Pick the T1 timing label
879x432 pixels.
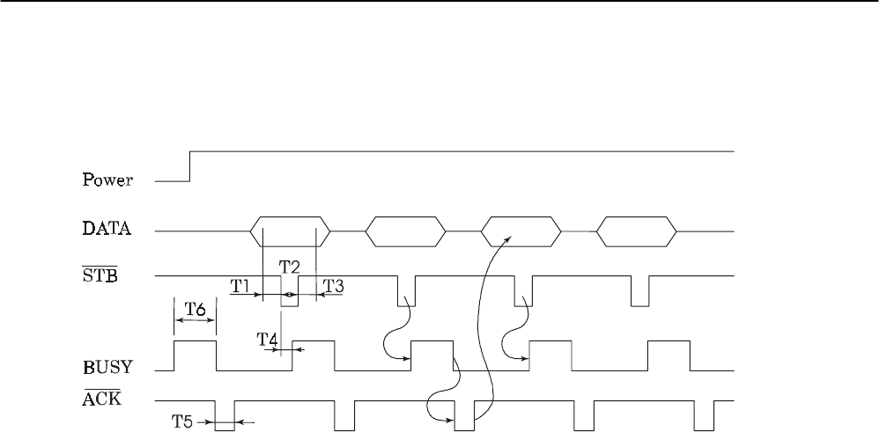(x=241, y=285)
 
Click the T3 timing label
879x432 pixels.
(x=334, y=285)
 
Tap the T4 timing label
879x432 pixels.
(x=267, y=338)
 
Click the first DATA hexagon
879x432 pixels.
(x=290, y=231)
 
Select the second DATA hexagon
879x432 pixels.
(x=405, y=231)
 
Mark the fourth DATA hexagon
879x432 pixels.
(x=637, y=231)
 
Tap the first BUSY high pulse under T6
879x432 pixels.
(x=196, y=355)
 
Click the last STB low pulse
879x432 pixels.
(x=639, y=291)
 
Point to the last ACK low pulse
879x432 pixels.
(x=704, y=415)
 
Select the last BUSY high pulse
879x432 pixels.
(x=669, y=355)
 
